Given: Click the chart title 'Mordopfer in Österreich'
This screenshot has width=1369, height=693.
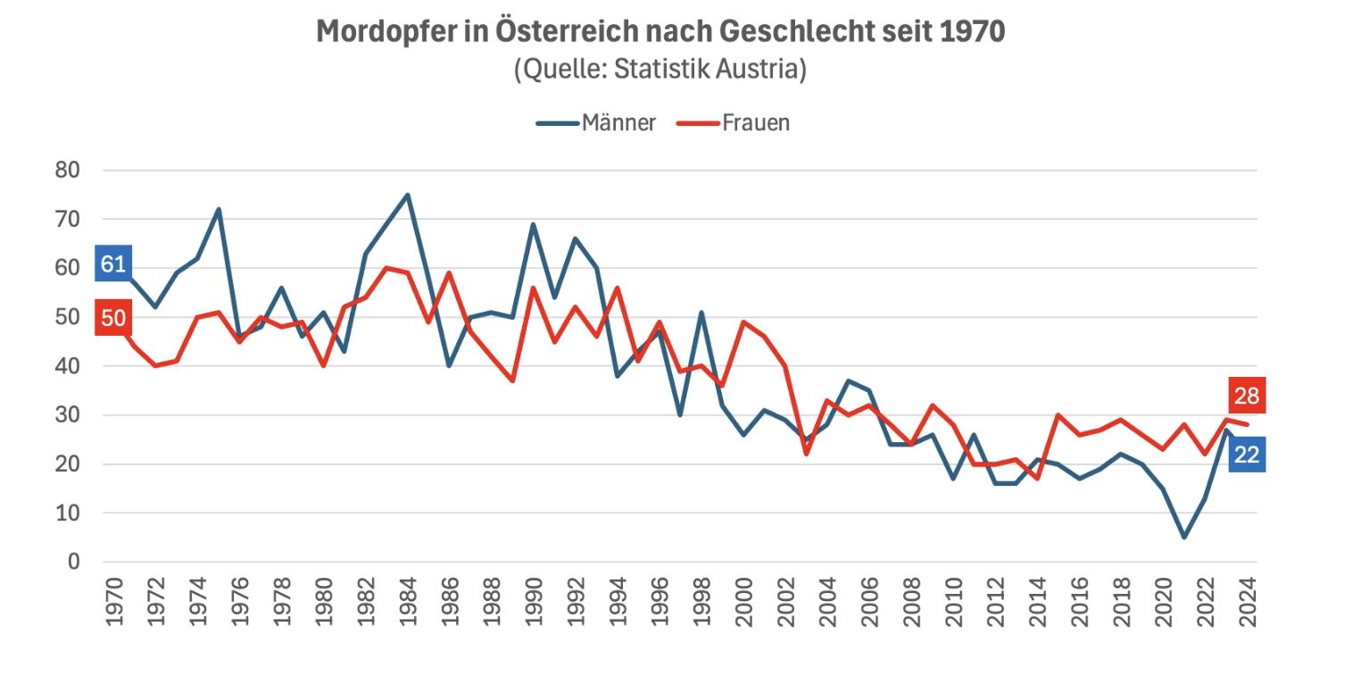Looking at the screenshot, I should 660,31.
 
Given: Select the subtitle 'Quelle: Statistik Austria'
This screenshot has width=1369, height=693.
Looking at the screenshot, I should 660,69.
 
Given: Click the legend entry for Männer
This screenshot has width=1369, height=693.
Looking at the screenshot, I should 597,122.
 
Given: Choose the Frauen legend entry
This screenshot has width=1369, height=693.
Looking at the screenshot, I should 734,122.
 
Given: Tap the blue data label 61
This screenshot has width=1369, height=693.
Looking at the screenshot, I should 113,263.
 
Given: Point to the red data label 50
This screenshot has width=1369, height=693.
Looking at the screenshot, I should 113,318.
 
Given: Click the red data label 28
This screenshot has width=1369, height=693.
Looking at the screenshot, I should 1246,396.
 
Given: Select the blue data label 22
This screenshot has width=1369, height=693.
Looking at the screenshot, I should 1246,455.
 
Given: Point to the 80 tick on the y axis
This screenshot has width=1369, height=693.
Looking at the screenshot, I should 67,170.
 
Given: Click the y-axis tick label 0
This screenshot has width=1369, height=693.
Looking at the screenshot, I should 73,562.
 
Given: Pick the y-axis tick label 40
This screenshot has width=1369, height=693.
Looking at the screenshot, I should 67,366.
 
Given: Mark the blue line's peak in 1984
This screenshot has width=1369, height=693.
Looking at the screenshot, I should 408,195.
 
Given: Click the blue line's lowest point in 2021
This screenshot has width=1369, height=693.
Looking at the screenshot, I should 1184,538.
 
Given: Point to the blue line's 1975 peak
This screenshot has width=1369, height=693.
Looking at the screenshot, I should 219,209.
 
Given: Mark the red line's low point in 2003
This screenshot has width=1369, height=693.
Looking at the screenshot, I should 807,455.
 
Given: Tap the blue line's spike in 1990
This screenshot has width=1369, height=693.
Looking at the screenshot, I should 534,224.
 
